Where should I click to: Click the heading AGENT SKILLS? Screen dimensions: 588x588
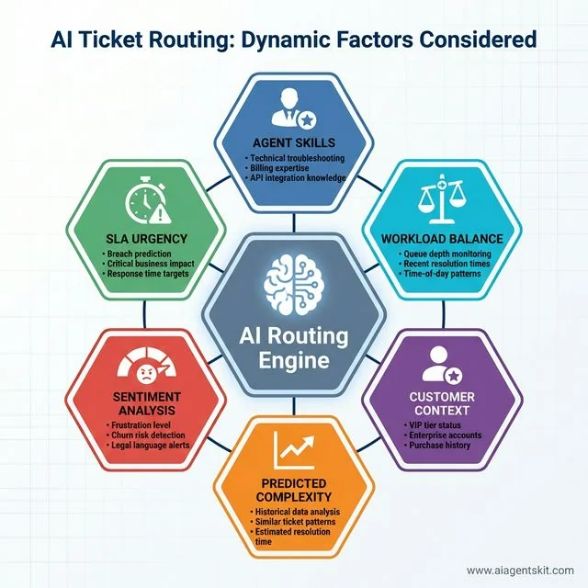pyautogui.click(x=294, y=145)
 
